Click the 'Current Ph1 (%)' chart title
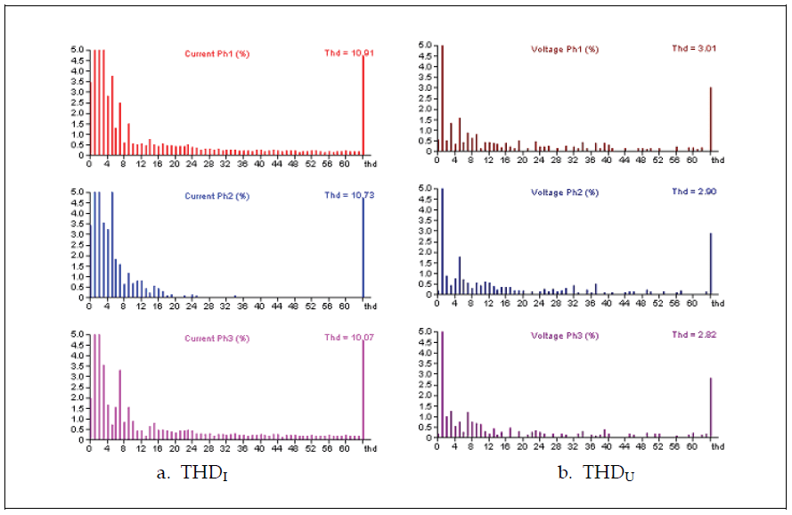pos(216,54)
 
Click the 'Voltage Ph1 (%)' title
pos(564,50)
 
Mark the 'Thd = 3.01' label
pos(694,49)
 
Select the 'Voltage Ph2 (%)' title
pos(564,192)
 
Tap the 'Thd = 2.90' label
pos(694,192)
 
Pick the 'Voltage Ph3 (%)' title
pos(564,334)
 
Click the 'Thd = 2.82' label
pos(694,334)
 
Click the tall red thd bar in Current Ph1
pos(363,107)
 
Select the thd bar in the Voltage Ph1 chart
pos(710,120)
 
